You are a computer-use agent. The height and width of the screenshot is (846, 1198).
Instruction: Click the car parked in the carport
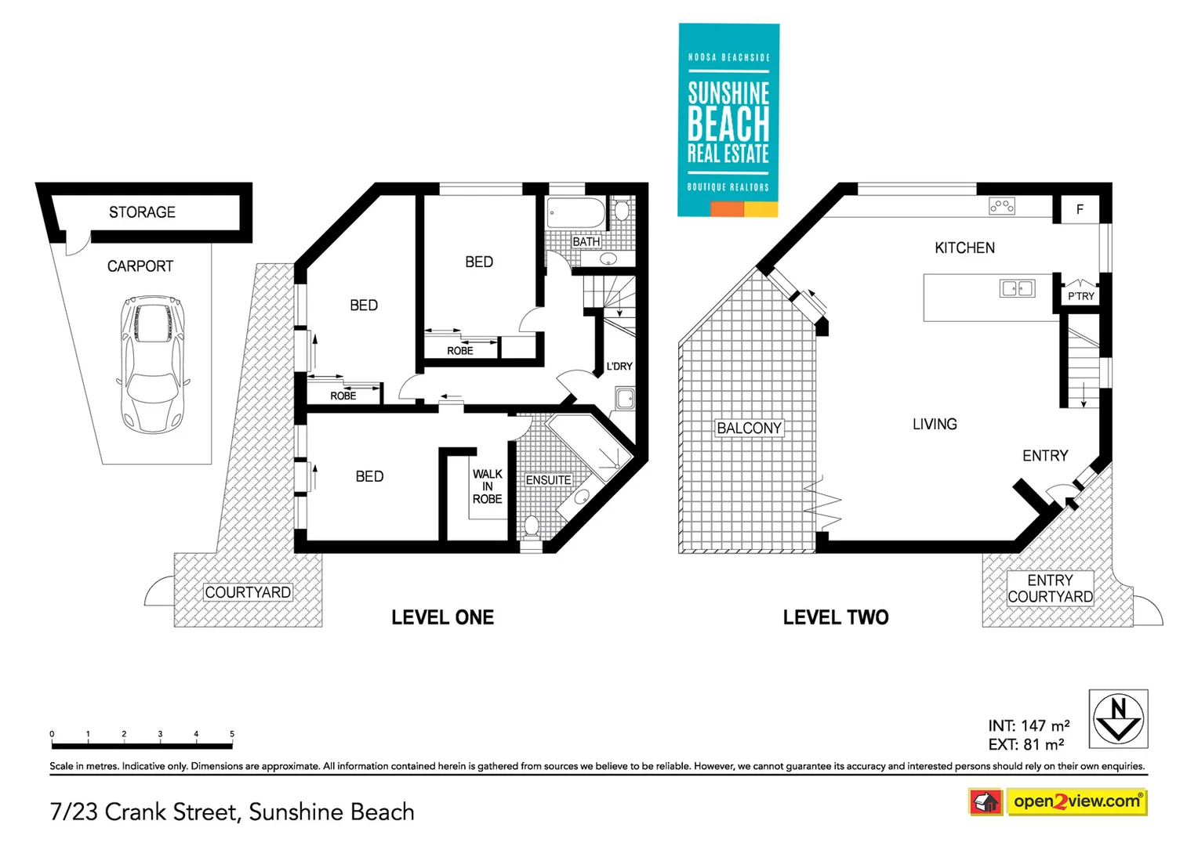153,364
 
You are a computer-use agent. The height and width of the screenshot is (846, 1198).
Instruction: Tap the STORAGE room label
142,212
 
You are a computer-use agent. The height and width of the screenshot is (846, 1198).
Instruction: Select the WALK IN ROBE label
487,486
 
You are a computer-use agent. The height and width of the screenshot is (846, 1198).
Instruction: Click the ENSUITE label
548,480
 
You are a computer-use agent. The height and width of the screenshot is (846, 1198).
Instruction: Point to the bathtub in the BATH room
576,212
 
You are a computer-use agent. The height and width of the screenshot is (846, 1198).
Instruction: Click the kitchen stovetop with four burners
1002,206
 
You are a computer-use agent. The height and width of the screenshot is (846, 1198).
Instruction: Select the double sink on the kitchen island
1017,289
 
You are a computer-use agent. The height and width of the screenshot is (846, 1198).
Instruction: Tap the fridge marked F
1080,209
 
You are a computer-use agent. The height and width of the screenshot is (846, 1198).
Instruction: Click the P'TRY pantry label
1080,296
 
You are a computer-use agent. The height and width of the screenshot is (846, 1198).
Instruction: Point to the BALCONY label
749,428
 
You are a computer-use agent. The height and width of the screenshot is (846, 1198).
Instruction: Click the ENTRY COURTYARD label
1050,588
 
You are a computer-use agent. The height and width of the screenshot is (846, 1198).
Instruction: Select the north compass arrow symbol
1118,718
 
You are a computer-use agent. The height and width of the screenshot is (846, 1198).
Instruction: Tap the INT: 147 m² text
1029,726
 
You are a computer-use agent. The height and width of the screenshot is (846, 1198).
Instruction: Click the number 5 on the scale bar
232,734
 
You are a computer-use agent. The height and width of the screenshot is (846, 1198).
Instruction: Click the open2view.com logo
1076,801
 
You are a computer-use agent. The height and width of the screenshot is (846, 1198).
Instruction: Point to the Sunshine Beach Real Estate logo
728,120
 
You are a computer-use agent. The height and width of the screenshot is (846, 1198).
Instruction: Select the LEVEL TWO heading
836,617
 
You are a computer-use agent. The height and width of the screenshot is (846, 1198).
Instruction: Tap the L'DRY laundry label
619,366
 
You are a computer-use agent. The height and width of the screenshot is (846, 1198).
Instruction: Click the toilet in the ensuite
532,526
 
